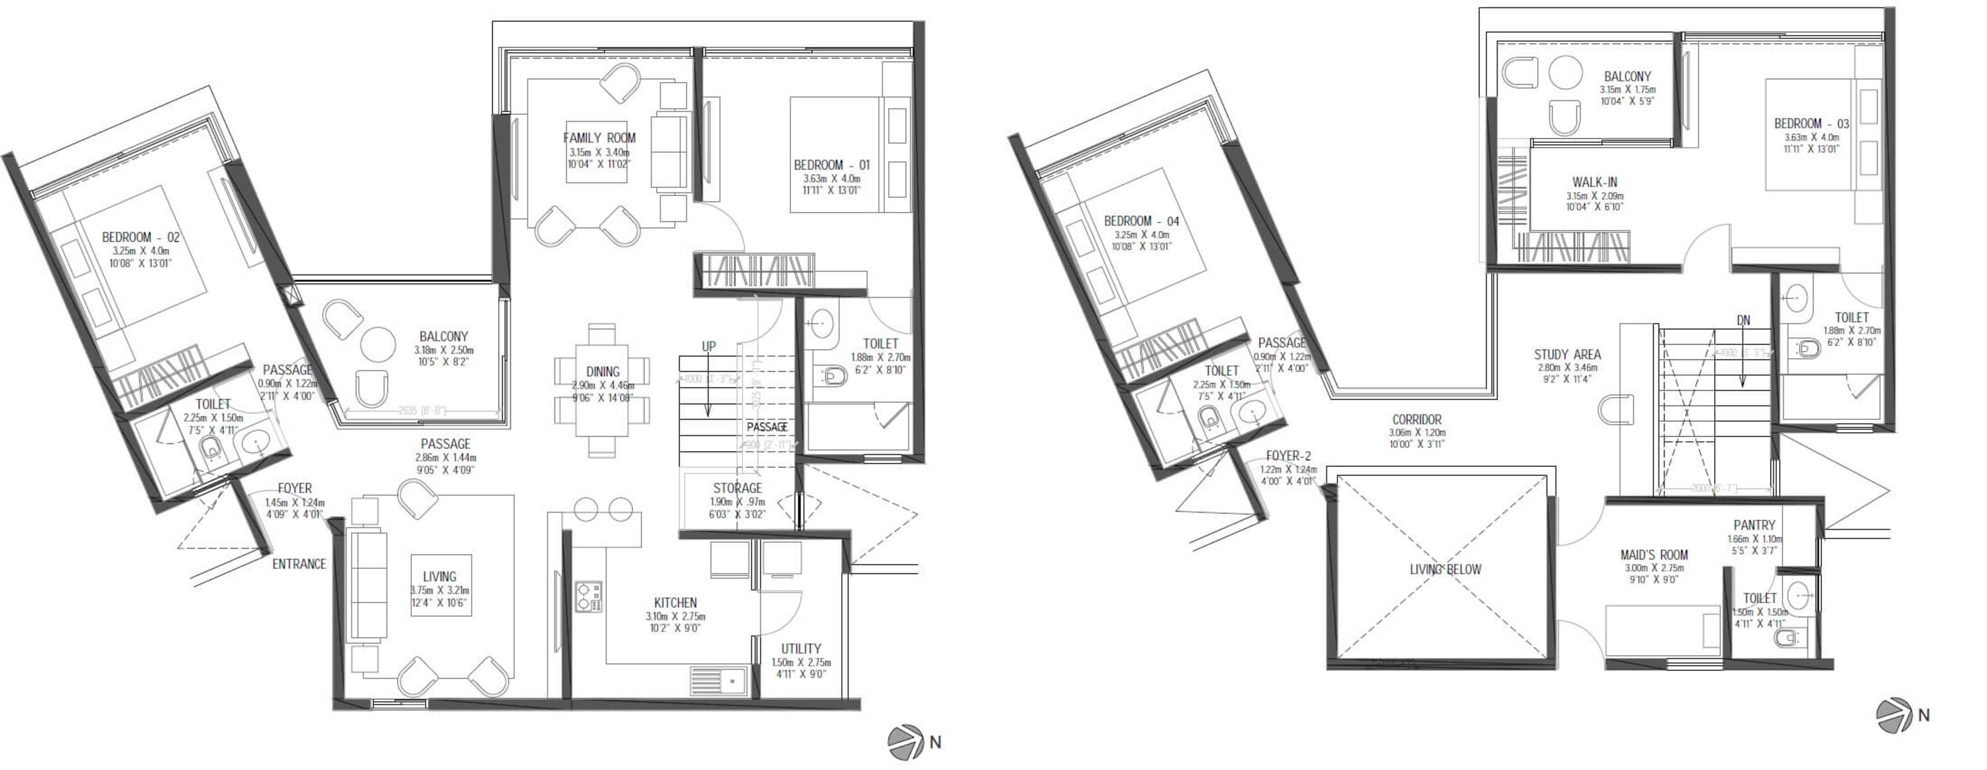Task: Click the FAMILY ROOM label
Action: [x=599, y=138]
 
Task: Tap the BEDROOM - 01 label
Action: [x=831, y=165]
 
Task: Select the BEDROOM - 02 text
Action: [x=140, y=238]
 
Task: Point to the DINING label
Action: [x=603, y=372]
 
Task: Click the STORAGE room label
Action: [x=737, y=488]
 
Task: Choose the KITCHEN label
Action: [x=675, y=602]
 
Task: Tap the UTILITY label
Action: [x=801, y=649]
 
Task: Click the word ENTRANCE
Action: [x=299, y=564]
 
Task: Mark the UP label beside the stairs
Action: [x=708, y=347]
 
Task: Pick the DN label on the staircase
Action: [x=1743, y=320]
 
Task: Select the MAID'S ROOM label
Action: [x=1654, y=555]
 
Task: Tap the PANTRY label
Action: [x=1754, y=525]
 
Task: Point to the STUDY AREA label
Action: [x=1567, y=355]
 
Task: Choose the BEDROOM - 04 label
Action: [x=1142, y=221]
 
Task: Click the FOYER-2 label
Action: [x=1288, y=456]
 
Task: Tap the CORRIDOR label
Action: [x=1417, y=420]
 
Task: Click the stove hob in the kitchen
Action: [x=589, y=597]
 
